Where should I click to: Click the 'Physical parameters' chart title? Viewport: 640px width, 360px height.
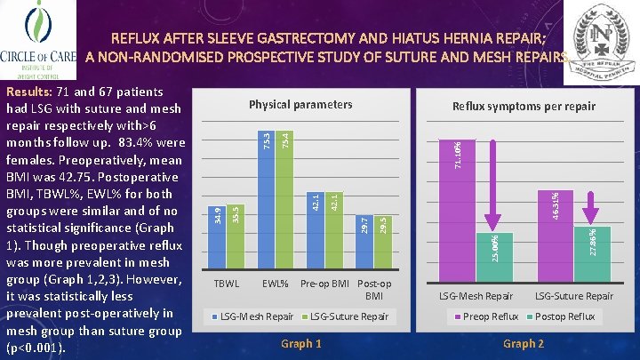click(300, 105)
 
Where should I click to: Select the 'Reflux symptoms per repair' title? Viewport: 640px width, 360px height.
click(524, 107)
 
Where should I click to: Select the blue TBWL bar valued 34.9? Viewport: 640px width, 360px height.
click(220, 235)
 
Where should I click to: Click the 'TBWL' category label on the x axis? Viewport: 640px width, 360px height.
click(228, 284)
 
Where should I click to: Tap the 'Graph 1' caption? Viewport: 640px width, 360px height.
click(300, 344)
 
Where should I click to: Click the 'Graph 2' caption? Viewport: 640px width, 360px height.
click(524, 344)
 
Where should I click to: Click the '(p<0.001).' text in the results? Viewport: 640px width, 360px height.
click(36, 348)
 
